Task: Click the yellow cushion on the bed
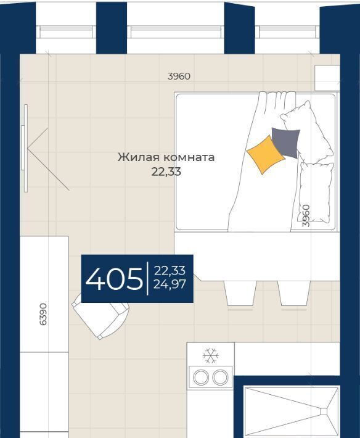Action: [x=266, y=155]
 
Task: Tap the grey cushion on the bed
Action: [x=286, y=143]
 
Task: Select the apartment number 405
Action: [x=114, y=279]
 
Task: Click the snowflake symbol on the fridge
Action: [x=211, y=355]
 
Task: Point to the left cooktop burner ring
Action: [x=201, y=377]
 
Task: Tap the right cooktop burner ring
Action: [x=221, y=377]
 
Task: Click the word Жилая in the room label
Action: [x=139, y=157]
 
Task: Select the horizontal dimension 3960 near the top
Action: [x=179, y=76]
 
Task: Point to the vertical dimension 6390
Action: [x=43, y=314]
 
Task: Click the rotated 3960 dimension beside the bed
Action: [x=306, y=216]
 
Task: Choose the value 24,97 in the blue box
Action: [x=170, y=284]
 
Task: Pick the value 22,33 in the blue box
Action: [x=170, y=270]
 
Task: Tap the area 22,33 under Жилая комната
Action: [x=166, y=171]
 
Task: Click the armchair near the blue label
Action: [x=100, y=317]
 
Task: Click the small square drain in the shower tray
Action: [x=324, y=411]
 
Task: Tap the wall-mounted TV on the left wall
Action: [x=25, y=148]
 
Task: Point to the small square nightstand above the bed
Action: [x=327, y=78]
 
